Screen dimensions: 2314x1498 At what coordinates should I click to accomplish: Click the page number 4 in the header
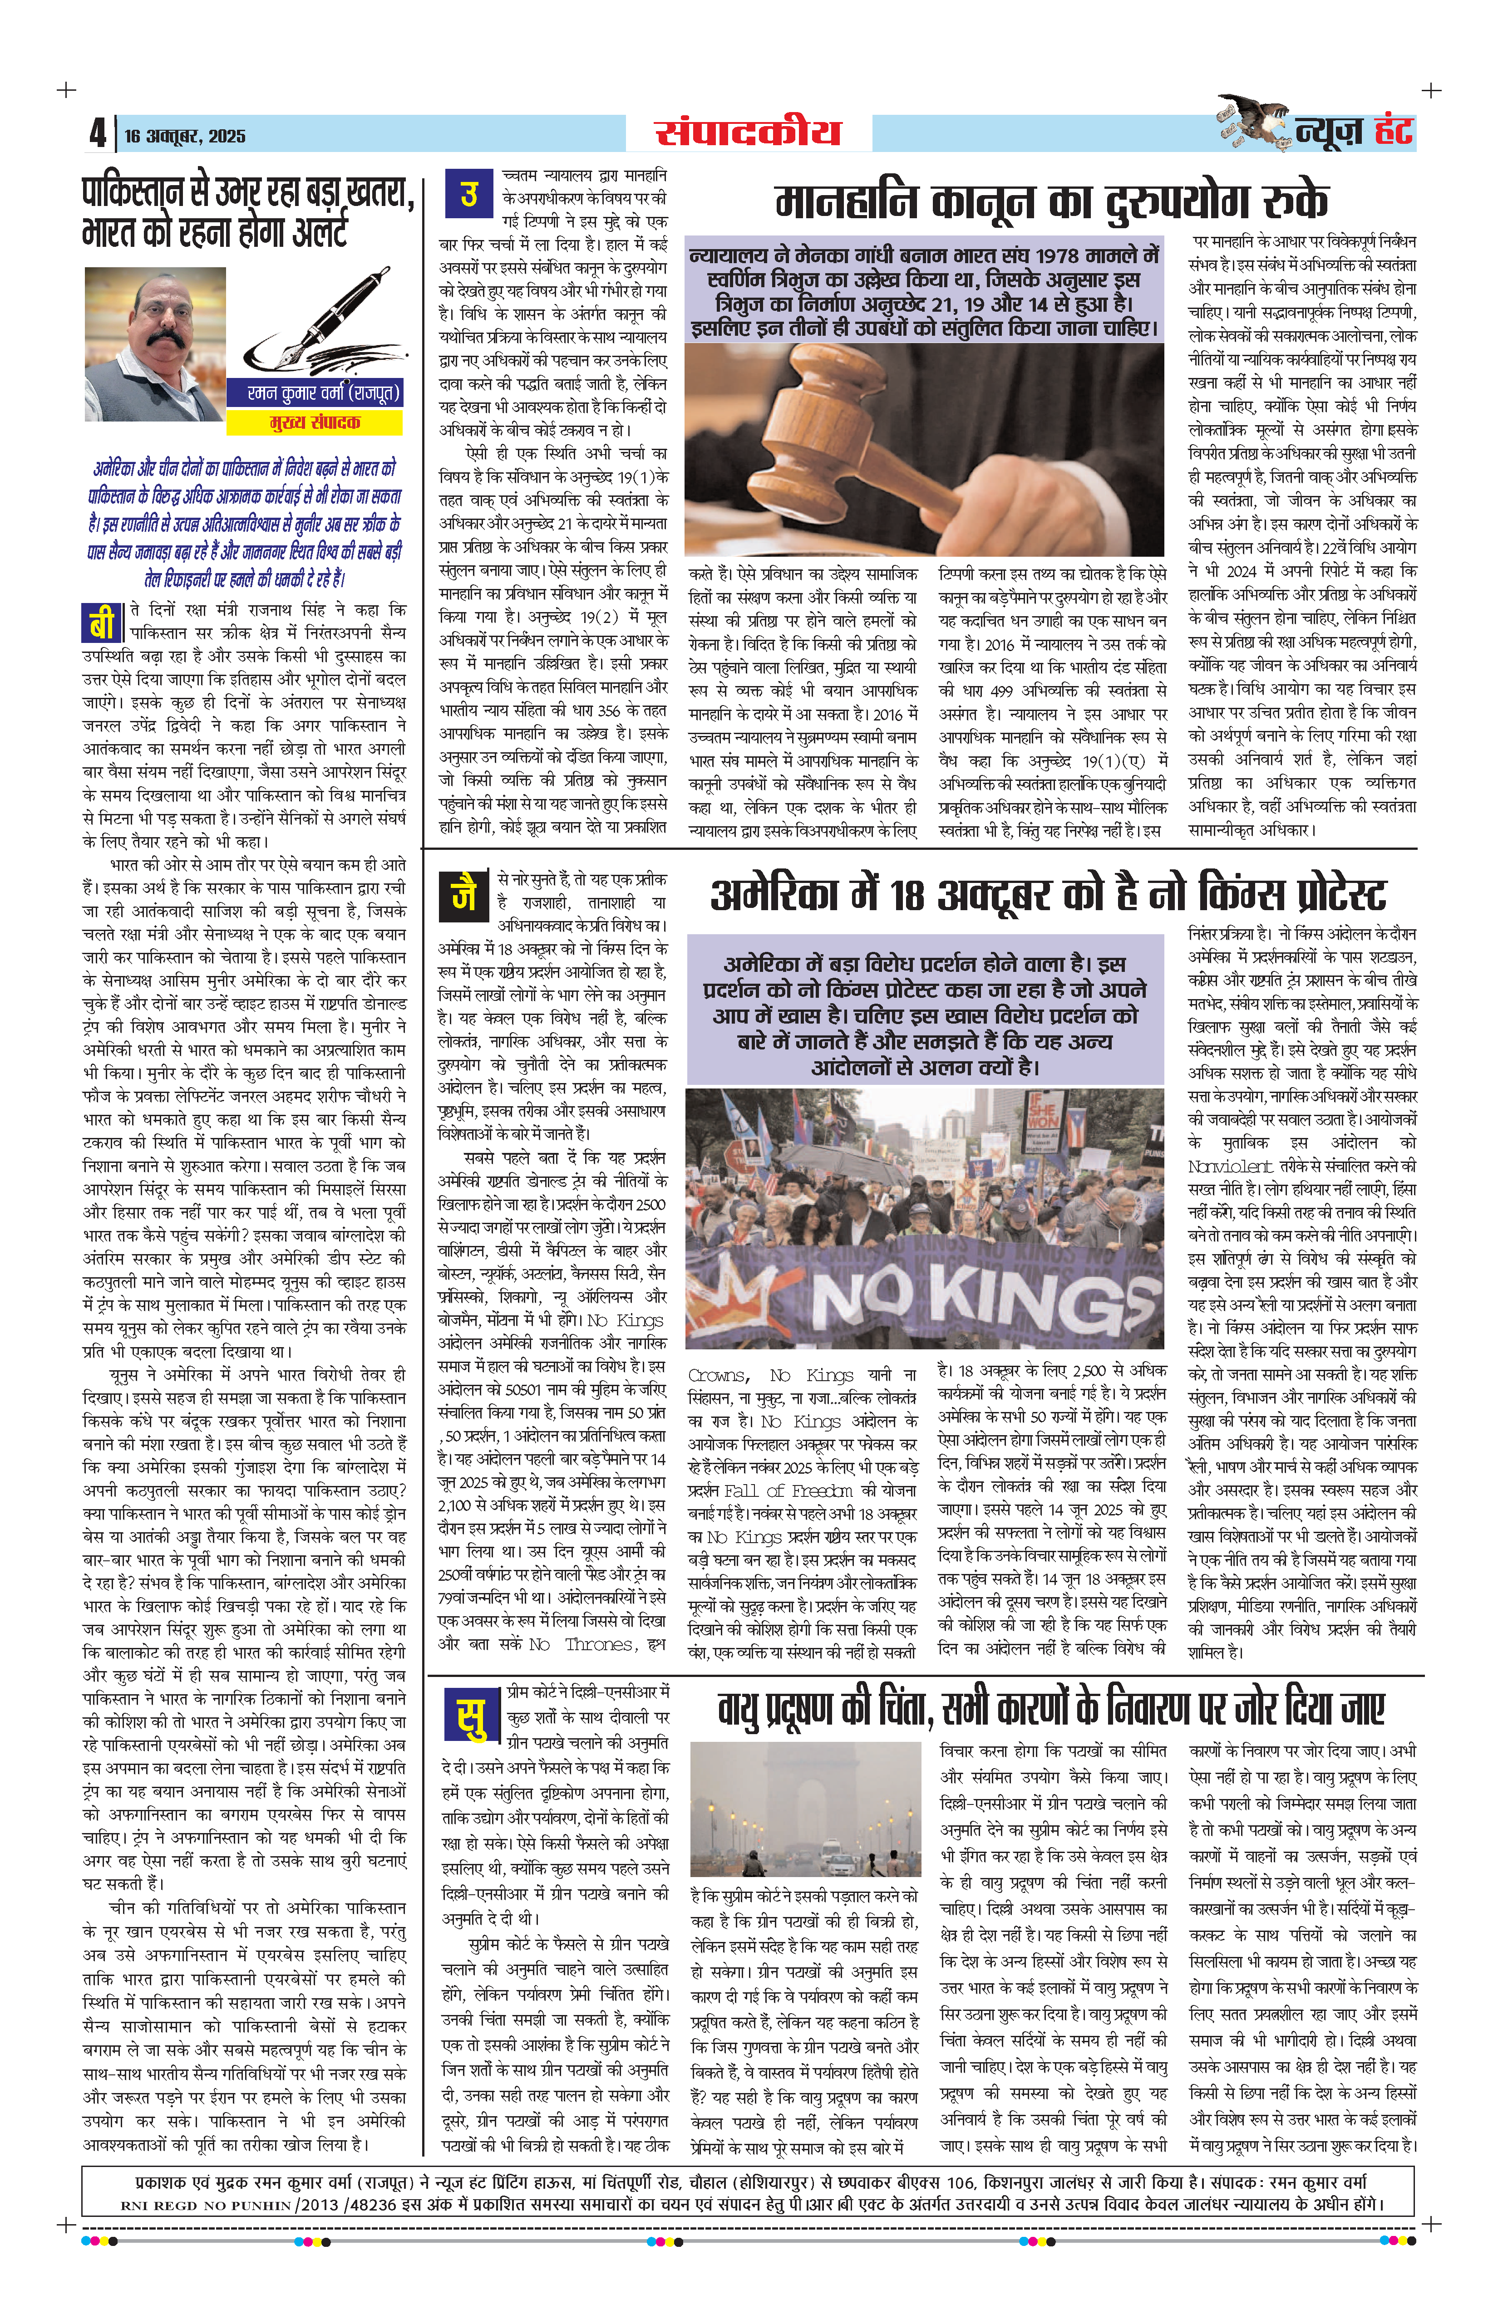97,132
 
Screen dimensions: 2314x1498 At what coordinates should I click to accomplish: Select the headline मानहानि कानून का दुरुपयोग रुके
1050,201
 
